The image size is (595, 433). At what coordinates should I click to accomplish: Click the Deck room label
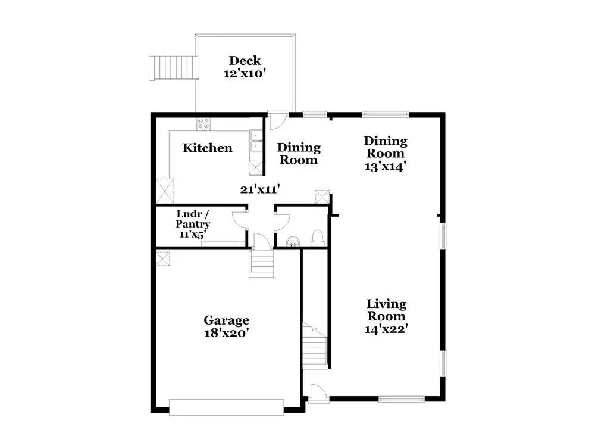(x=245, y=61)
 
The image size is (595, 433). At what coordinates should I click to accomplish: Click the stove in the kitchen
(x=203, y=124)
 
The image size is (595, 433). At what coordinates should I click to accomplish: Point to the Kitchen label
(x=207, y=148)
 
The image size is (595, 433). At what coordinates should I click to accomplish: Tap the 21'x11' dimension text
(x=260, y=190)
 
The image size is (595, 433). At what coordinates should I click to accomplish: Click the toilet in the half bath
(x=318, y=238)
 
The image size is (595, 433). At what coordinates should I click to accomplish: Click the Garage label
(x=227, y=320)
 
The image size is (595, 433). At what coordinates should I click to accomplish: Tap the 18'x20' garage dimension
(x=227, y=334)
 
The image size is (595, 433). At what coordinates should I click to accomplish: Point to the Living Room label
(x=386, y=310)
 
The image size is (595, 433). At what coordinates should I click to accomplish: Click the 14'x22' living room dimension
(x=386, y=328)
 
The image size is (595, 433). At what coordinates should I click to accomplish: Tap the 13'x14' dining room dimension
(x=386, y=167)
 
